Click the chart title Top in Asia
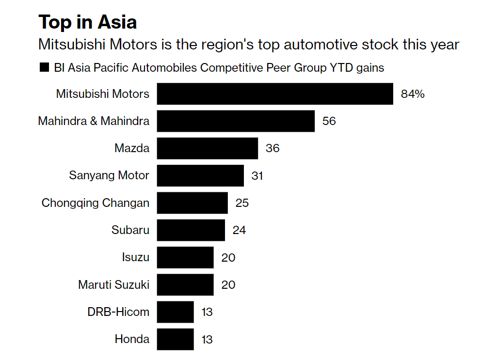(88, 22)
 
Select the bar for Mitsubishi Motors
(274, 94)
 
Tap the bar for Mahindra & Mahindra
(236, 121)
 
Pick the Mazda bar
(207, 148)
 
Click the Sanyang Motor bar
(200, 175)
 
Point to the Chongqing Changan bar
(192, 203)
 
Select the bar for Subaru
(191, 230)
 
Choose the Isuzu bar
(185, 257)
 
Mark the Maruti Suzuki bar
(185, 284)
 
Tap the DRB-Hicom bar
(175, 312)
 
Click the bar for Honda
(175, 339)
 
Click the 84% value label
(413, 94)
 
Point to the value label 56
(329, 121)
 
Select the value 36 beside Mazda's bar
(273, 148)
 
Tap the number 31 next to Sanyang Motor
(257, 175)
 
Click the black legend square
(44, 68)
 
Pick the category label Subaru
(130, 230)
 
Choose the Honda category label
(132, 339)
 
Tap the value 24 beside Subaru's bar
(239, 230)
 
